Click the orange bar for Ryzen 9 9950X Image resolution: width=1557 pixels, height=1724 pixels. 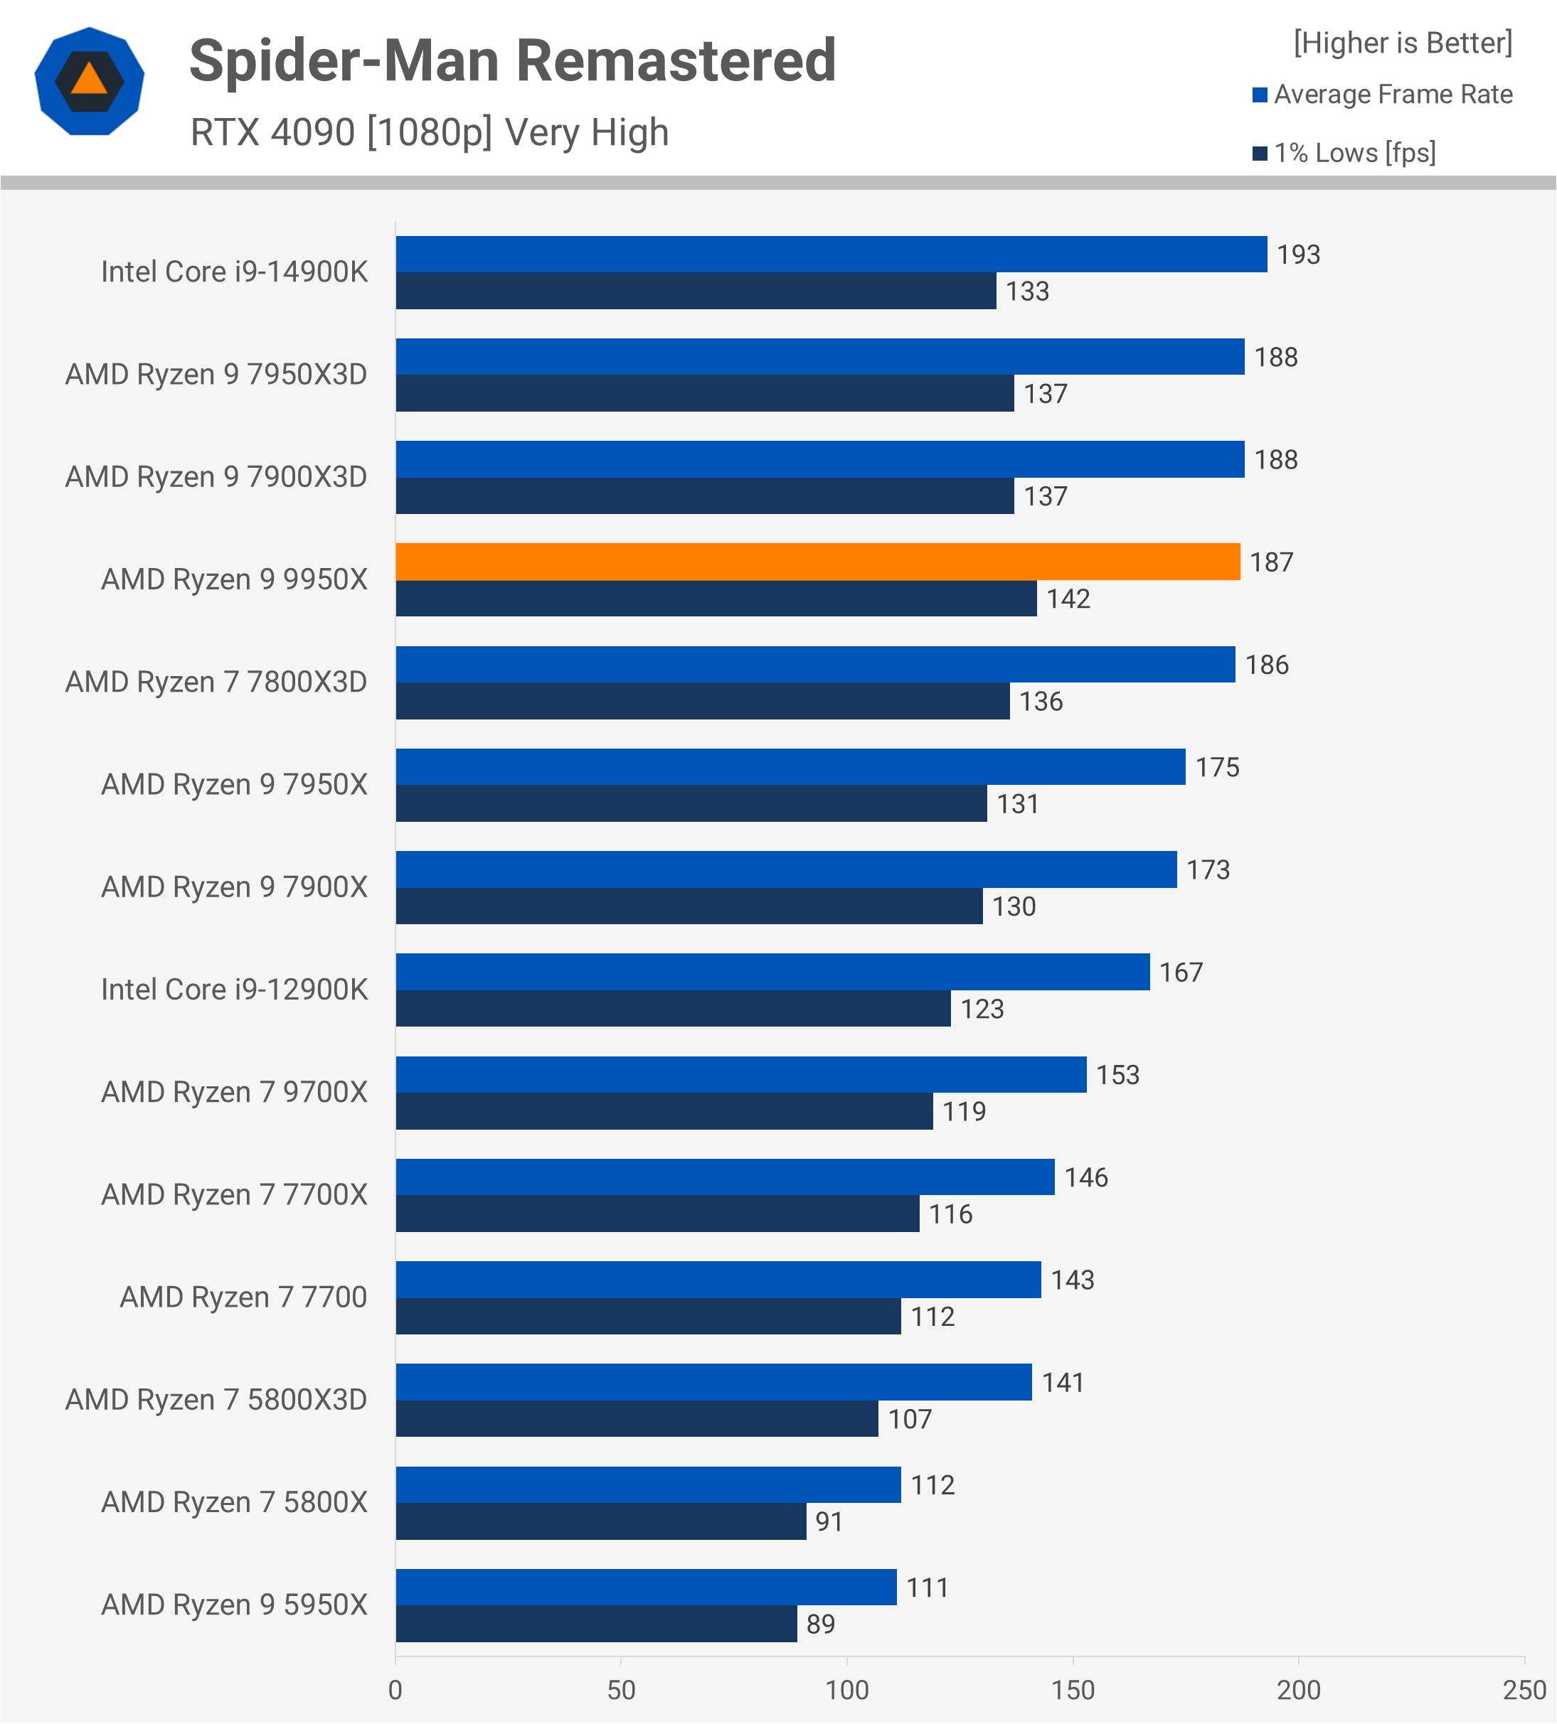click(x=817, y=562)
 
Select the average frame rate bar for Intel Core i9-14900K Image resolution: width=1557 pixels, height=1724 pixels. click(x=831, y=254)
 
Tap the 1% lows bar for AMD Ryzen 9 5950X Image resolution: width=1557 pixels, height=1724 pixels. click(x=596, y=1624)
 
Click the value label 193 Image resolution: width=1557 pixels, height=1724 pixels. click(x=1298, y=255)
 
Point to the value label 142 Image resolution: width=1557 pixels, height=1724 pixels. click(x=1068, y=599)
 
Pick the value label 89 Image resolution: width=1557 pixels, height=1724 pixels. click(x=820, y=1624)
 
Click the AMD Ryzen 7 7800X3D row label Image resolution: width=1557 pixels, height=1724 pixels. click(x=216, y=682)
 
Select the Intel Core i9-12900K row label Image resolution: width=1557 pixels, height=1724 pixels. click(x=235, y=990)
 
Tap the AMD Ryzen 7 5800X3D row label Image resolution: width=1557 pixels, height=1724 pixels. click(x=216, y=1400)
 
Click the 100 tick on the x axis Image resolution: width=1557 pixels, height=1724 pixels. click(x=847, y=1691)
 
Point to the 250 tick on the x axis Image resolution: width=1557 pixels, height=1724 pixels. click(x=1524, y=1691)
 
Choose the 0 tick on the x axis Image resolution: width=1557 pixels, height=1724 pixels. click(x=395, y=1691)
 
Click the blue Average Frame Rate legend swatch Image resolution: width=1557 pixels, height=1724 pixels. click(x=1259, y=95)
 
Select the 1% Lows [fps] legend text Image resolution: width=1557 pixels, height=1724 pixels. click(x=1354, y=153)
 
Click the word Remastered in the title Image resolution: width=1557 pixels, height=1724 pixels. click(x=676, y=62)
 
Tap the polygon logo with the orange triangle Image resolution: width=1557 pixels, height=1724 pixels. click(x=90, y=81)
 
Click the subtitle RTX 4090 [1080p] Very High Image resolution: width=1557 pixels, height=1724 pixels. click(x=430, y=132)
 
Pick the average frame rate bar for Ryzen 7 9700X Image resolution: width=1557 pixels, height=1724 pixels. click(x=741, y=1074)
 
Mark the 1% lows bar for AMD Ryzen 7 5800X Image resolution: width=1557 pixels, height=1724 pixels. click(x=600, y=1521)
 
